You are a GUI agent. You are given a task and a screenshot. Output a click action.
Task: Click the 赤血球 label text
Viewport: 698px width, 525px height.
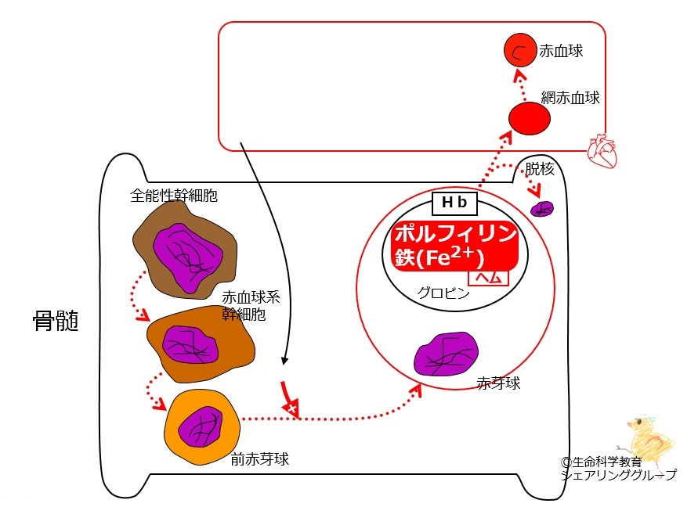click(x=561, y=51)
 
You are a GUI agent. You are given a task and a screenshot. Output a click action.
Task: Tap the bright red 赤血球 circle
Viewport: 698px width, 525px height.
click(x=520, y=50)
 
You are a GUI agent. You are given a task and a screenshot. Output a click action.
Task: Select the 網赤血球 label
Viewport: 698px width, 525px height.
click(x=570, y=97)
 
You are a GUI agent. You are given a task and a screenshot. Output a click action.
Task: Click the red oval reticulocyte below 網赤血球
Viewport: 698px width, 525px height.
click(x=530, y=118)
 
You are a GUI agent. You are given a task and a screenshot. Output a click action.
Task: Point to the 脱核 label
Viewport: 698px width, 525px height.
click(x=540, y=168)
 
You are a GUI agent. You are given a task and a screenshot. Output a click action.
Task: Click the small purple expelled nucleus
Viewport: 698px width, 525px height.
click(x=542, y=208)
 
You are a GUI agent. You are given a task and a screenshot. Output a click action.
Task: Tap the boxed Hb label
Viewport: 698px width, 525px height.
click(x=454, y=203)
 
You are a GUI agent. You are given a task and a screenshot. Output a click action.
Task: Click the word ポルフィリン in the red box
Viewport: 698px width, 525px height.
click(x=455, y=233)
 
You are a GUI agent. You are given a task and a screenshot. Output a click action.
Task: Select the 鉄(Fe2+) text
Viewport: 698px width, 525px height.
click(x=439, y=257)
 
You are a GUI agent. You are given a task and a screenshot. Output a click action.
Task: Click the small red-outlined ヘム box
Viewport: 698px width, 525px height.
click(x=488, y=278)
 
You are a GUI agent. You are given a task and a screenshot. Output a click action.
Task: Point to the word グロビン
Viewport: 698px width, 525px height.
click(x=443, y=293)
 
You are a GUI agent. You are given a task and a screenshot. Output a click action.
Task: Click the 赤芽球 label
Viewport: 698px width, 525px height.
click(x=498, y=383)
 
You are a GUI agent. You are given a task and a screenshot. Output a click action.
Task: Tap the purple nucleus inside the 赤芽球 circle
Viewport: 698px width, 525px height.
click(x=446, y=354)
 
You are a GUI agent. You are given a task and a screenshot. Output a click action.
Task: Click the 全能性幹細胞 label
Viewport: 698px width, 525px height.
click(x=174, y=196)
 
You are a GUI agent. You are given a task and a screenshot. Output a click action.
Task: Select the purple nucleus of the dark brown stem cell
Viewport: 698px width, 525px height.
click(x=187, y=258)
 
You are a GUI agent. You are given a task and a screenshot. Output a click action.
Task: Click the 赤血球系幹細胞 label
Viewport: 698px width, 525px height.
click(x=251, y=306)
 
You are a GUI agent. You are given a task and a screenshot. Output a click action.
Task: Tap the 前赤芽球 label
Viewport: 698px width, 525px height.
click(x=260, y=458)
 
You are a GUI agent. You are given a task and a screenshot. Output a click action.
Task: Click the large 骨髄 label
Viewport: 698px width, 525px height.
click(x=56, y=321)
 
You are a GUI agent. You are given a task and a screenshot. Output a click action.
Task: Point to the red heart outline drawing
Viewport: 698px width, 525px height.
click(x=602, y=151)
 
